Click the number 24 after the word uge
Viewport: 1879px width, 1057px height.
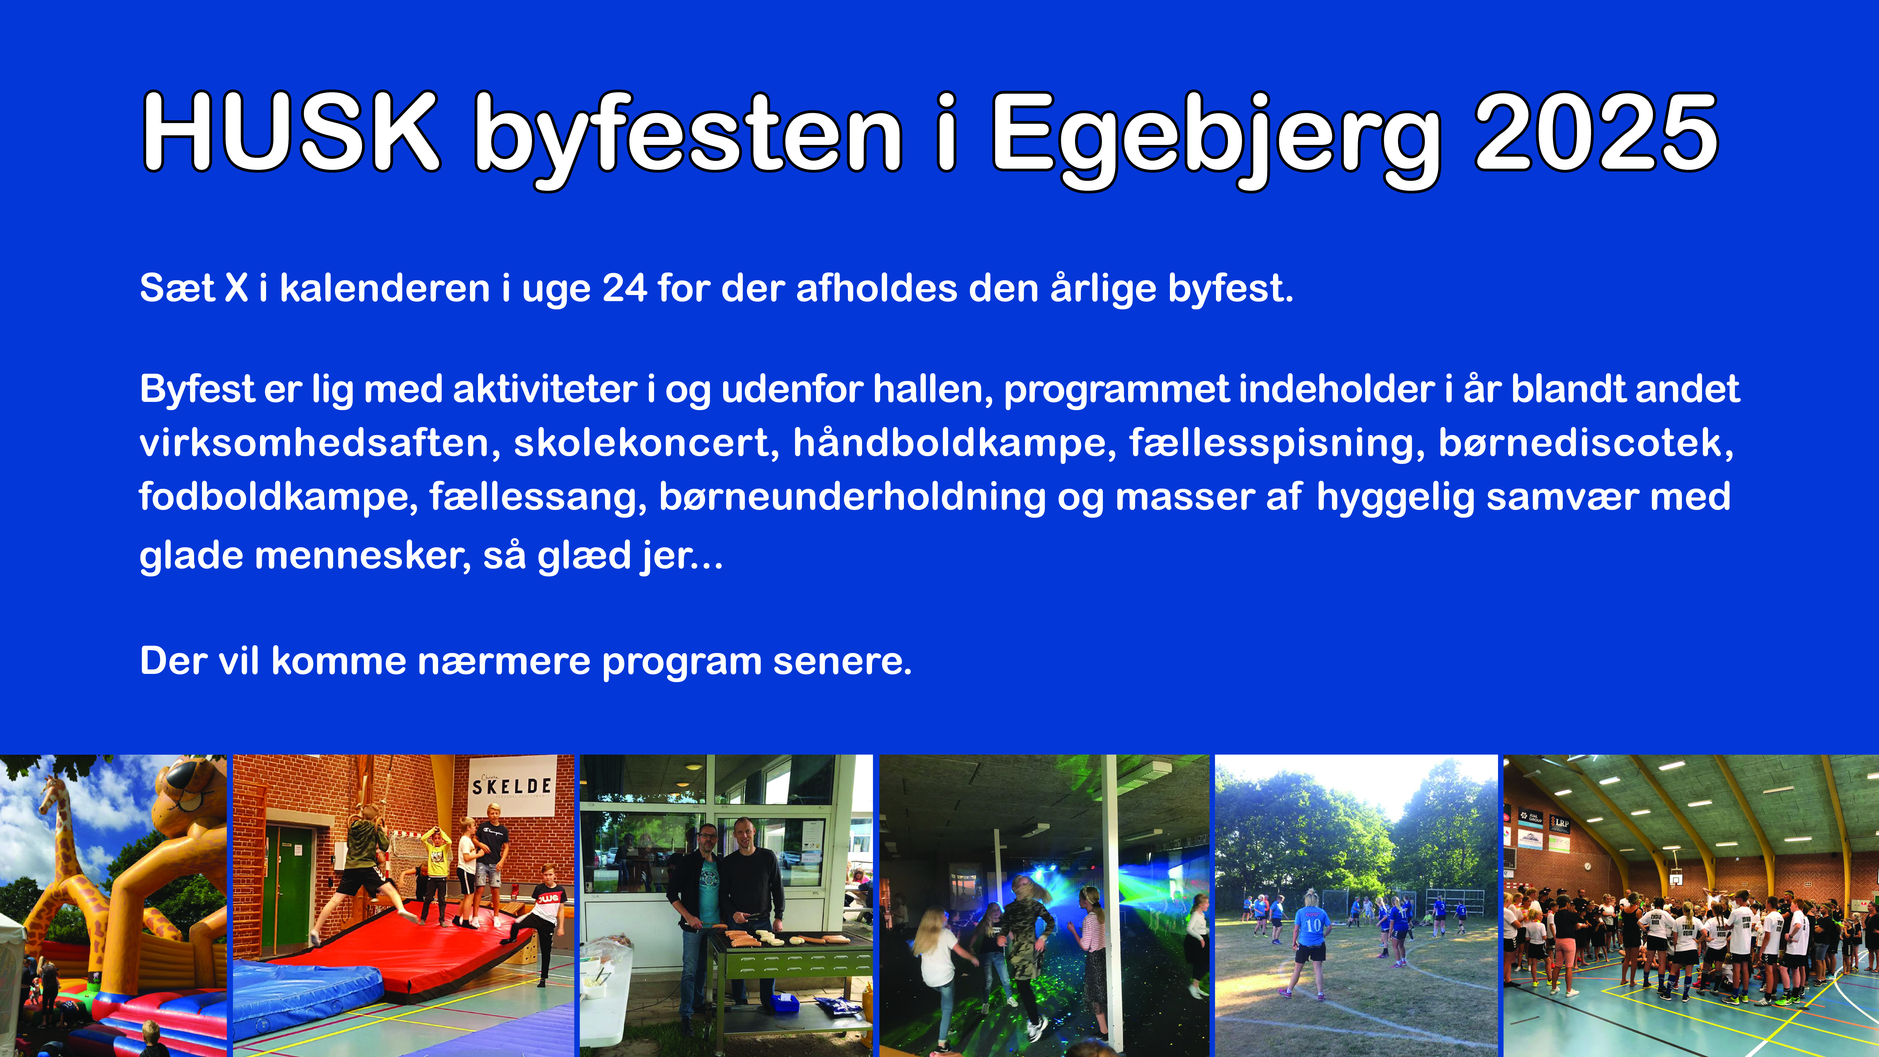pos(624,288)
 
